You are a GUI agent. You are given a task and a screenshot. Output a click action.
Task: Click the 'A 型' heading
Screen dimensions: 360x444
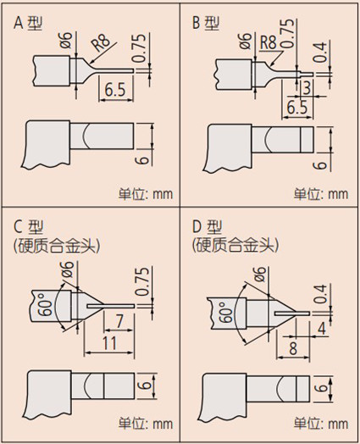point(28,23)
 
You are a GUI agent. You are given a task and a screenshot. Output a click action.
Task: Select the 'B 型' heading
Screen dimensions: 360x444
point(206,23)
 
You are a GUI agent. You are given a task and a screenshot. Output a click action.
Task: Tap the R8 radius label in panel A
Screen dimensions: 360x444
point(101,42)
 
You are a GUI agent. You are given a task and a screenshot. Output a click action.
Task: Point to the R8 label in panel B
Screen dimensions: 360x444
point(268,42)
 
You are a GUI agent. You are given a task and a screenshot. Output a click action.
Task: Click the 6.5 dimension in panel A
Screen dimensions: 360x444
point(114,89)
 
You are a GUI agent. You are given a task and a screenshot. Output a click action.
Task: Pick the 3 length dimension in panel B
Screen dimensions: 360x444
point(307,88)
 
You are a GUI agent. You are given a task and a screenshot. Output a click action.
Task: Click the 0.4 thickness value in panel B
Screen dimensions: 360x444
point(320,52)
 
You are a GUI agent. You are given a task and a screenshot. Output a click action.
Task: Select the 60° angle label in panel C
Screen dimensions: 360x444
point(45,304)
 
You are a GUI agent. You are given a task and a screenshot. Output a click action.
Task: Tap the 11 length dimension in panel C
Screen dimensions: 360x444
point(109,343)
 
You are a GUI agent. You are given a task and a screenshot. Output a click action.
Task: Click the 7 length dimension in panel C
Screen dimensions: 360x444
point(119,321)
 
